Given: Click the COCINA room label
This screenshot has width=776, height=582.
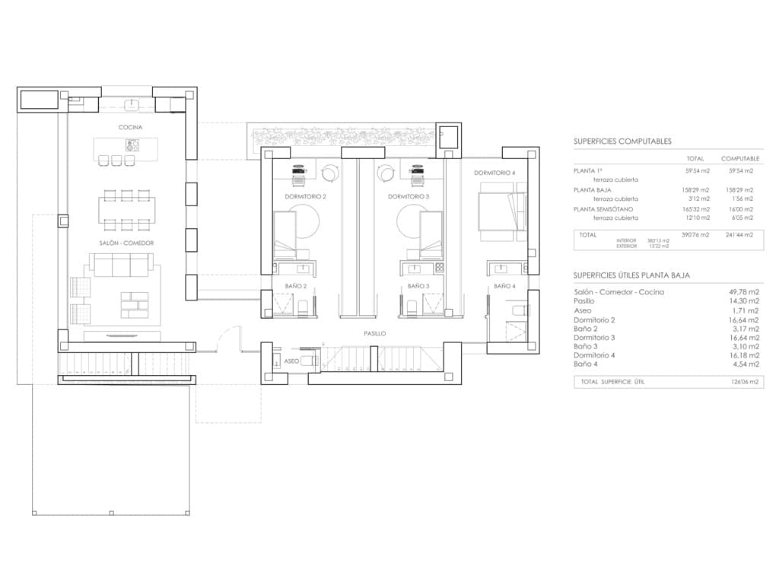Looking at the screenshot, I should (x=129, y=127).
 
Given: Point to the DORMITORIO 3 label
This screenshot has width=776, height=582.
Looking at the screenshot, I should (x=409, y=196).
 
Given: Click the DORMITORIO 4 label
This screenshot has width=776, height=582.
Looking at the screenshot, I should (x=495, y=173).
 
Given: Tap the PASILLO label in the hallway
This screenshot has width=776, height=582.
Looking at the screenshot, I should (x=374, y=333).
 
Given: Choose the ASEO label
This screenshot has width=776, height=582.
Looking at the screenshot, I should (x=291, y=361).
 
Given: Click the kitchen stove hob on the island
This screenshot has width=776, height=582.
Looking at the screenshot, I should (x=132, y=145).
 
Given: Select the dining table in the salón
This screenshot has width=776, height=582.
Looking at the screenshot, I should (x=127, y=210).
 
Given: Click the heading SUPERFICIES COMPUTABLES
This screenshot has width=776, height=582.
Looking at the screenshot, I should (x=622, y=142).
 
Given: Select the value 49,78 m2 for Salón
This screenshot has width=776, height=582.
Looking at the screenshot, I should (x=743, y=292).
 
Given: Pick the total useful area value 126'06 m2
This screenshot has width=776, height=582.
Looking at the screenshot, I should (x=743, y=382).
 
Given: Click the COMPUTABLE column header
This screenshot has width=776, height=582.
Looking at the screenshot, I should (x=740, y=158).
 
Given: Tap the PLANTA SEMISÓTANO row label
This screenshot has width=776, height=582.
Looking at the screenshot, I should (x=603, y=209).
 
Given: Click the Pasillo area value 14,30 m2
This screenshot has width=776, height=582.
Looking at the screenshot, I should (x=743, y=301).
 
